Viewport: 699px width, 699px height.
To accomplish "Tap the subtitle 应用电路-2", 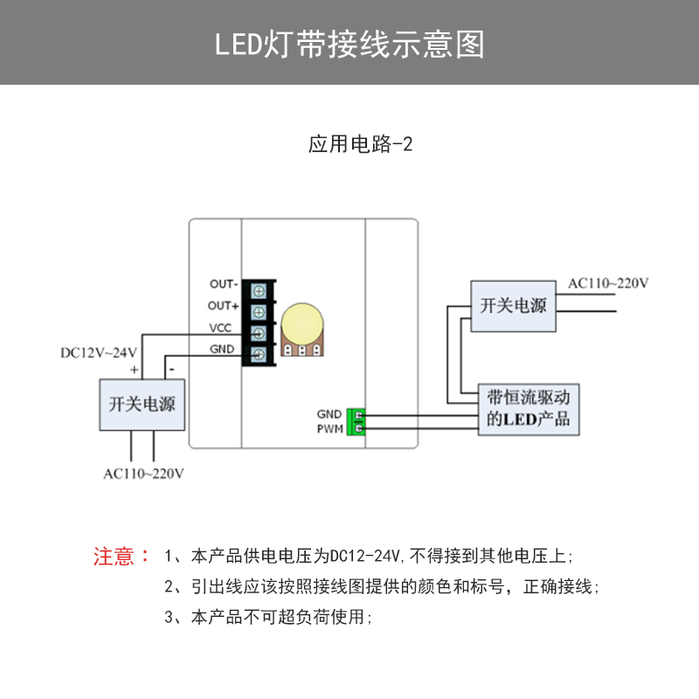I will point(360,145).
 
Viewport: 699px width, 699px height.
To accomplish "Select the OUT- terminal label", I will point(224,285).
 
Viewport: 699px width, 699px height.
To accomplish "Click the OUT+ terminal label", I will point(224,306).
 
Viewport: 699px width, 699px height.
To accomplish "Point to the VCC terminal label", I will point(220,329).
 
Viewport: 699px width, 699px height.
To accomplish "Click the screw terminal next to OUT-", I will point(260,290).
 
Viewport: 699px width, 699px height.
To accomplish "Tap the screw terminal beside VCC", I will point(260,333).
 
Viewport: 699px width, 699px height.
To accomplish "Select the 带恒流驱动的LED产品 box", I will point(529,408).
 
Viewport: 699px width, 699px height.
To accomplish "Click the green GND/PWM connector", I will point(355,420).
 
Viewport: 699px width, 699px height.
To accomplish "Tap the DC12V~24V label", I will point(99,353).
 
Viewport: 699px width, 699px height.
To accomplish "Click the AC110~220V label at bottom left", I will point(143,474).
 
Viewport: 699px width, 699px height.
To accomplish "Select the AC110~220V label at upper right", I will point(608,284).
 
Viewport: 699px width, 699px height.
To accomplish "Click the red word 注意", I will point(114,557).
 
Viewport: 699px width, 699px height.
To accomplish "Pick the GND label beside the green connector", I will point(329,414).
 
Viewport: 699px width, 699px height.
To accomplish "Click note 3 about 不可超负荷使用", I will point(267,618).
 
